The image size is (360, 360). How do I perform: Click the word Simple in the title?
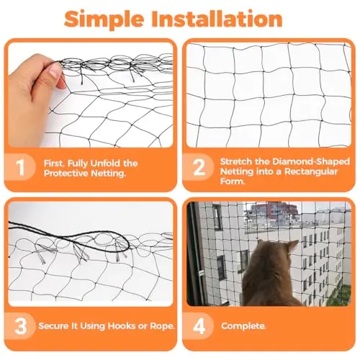[x=104, y=19]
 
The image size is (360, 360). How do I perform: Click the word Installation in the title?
[x=217, y=19]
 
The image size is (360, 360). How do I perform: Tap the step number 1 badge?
[x=20, y=167]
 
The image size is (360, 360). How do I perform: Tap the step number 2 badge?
[x=199, y=167]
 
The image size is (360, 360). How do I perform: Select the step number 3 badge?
[x=20, y=326]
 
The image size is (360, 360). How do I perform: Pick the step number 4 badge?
[x=199, y=326]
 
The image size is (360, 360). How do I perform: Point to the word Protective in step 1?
[x=66, y=174]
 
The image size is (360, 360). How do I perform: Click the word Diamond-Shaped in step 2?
[x=311, y=161]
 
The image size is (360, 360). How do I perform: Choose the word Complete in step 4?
[x=243, y=326]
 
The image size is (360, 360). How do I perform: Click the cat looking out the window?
[x=270, y=274]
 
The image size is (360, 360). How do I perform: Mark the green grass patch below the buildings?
[x=341, y=294]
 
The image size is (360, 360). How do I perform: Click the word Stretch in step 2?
[x=237, y=161]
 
